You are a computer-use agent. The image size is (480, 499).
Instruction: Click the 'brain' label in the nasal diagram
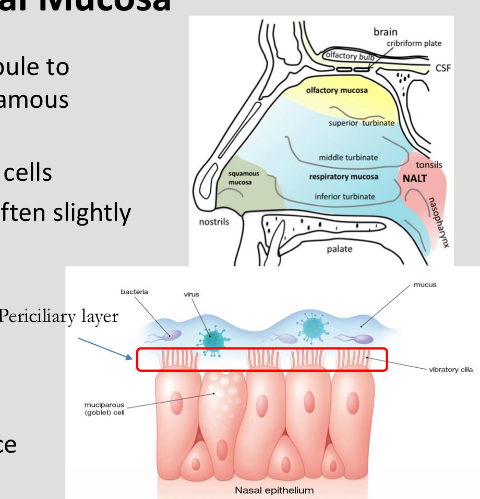pos(385,32)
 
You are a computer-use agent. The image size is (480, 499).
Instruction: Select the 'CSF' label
pos(443,69)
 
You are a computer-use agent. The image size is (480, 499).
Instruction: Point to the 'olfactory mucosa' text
pos(337,90)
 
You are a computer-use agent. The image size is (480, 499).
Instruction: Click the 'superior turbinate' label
pos(362,123)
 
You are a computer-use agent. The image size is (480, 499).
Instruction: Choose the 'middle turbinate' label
pos(349,157)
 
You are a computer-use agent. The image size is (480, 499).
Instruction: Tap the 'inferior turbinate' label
pos(344,196)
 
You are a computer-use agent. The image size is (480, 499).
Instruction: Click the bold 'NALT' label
pos(415,179)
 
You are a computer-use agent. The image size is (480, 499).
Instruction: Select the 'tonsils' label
pos(429,165)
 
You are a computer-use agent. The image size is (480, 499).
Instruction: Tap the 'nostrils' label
pos(214,222)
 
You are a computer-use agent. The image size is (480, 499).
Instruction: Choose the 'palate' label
pos(340,249)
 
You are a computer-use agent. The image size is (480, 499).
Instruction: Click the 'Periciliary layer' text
pos(59,316)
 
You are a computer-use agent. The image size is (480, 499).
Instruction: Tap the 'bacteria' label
pos(134,292)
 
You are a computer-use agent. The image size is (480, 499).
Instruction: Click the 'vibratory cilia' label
pos(451,370)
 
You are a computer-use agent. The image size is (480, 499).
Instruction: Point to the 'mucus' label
pos(425,285)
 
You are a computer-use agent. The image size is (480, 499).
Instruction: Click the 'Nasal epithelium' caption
pos(274,490)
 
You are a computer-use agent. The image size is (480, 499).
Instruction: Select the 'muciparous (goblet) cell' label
pos(104,409)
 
